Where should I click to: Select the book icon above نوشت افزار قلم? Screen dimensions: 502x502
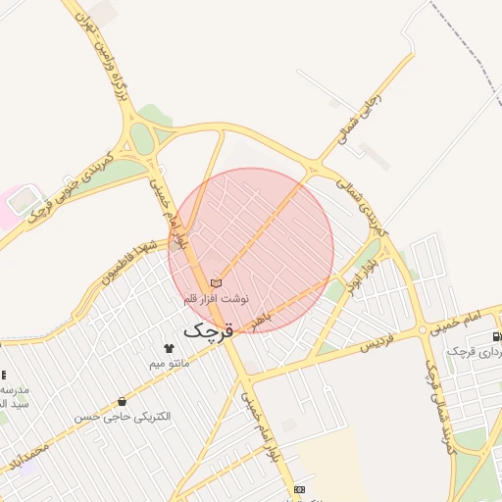click(217, 283)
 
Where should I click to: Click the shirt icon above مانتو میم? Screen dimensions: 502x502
click(169, 348)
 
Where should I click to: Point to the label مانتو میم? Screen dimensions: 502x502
click(169, 364)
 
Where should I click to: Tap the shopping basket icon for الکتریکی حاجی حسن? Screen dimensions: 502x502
click(122, 401)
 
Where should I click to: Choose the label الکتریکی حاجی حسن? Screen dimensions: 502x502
click(123, 417)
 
